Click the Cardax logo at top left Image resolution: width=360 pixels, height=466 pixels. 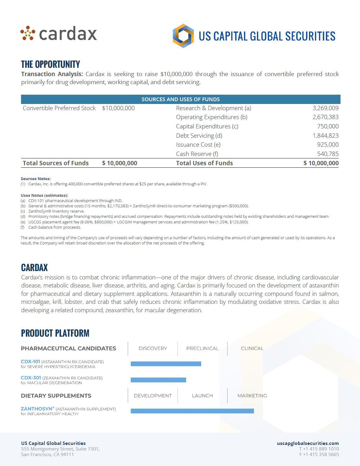tap(59, 33)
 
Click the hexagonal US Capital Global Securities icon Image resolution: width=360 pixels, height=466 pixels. tap(183, 36)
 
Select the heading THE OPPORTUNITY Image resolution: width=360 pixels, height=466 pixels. tap(50, 64)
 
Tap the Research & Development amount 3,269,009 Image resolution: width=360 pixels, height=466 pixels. tap(325, 108)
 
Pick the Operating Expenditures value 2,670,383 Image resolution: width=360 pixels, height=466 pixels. tap(325, 117)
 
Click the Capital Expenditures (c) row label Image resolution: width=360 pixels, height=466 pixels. tap(207, 126)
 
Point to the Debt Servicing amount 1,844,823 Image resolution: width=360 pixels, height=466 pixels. tap(325, 136)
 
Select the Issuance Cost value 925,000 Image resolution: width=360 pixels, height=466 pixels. tap(328, 145)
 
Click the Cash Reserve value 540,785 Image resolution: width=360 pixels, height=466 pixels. tap(328, 154)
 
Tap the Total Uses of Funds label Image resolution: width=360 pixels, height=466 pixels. tap(204, 163)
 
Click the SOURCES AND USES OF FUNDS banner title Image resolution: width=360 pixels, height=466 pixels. tap(181, 99)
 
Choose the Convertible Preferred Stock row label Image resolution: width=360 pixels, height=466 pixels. tap(59, 108)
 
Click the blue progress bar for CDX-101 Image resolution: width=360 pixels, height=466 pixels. tap(166, 364)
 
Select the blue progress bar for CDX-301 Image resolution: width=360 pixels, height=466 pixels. tap(158, 380)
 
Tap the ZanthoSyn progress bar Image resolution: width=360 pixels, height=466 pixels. tap(192, 411)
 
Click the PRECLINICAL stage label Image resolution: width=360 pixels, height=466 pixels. tap(202, 348)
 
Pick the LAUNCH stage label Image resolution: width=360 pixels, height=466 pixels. tap(202, 396)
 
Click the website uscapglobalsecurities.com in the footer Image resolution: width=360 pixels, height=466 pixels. tap(308, 443)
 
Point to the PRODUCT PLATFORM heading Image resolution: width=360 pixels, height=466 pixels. tap(55, 333)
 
